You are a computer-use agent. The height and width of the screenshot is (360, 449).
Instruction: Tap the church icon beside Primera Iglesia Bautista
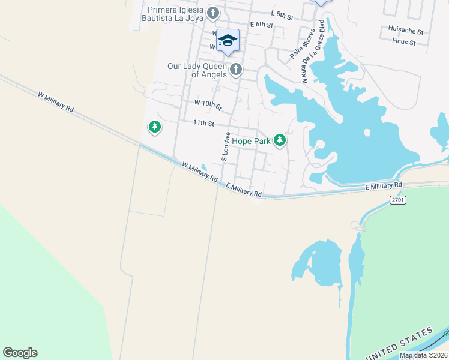213,13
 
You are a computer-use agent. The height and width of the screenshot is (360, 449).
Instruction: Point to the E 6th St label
261,25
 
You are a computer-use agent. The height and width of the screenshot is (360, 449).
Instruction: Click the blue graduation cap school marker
228,41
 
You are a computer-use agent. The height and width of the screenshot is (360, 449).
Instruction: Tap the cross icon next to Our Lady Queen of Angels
235,70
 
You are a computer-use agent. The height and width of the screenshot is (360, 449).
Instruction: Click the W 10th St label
208,105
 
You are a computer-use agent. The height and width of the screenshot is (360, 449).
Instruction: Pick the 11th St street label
203,123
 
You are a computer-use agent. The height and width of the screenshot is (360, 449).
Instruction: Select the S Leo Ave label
226,147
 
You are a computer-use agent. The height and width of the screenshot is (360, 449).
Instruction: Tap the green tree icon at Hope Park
279,140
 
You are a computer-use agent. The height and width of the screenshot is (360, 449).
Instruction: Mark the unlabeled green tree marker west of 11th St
155,127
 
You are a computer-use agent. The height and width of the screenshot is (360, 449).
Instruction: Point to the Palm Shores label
302,44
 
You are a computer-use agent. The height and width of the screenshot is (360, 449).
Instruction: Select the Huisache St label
406,31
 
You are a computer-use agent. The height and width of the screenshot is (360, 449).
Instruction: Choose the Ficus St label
403,42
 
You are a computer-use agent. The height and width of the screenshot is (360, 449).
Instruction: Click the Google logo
20,353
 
